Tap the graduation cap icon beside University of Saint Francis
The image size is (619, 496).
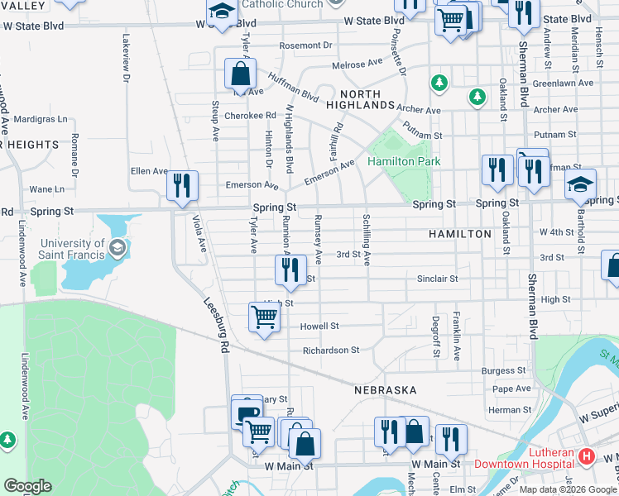[x=118, y=247]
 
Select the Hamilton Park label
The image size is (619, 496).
[x=404, y=162]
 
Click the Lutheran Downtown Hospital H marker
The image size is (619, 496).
[x=587, y=455]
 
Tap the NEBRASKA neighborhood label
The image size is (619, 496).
[x=384, y=389]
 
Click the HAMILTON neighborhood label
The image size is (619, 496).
[x=460, y=235]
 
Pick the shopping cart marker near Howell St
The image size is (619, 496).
[x=264, y=317]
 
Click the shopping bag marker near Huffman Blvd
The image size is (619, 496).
[x=239, y=74]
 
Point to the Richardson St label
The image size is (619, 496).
[x=330, y=351]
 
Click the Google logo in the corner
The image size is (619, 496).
[x=26, y=486]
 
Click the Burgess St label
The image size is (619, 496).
[x=504, y=371]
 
